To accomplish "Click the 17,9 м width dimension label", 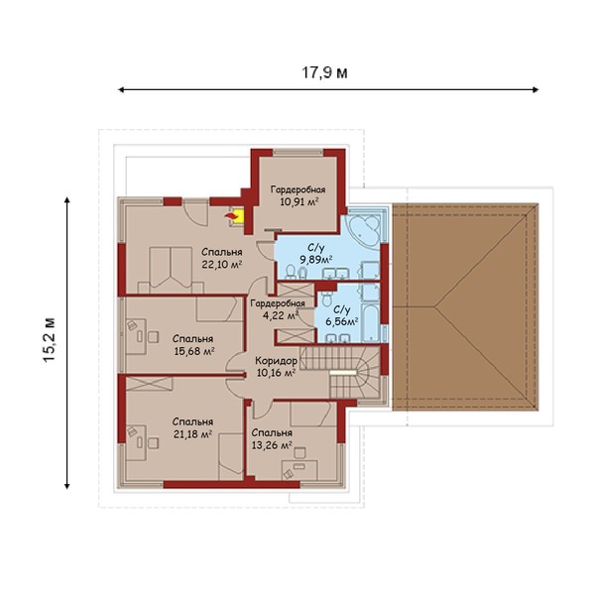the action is [x=324, y=72].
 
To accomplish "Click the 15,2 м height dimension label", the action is [x=50, y=339].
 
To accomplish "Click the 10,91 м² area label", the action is [x=299, y=201].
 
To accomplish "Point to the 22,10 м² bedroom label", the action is [x=222, y=259].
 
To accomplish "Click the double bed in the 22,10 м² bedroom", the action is [x=171, y=270].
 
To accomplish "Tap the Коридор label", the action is [x=276, y=361].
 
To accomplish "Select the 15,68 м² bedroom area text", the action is [x=194, y=351].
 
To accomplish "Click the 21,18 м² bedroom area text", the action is [x=192, y=434].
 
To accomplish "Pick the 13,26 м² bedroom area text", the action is [x=272, y=445].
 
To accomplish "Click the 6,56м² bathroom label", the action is [x=342, y=322].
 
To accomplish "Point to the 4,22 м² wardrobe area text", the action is [x=281, y=315].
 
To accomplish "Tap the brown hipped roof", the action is [x=465, y=306].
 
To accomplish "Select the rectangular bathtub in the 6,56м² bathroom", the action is [x=370, y=322].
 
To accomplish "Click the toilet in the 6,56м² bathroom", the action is [x=326, y=299].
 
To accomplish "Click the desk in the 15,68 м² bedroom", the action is [x=136, y=336].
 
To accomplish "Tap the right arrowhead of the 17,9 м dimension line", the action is [x=535, y=90].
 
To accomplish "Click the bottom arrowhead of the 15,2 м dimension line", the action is [x=67, y=486].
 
